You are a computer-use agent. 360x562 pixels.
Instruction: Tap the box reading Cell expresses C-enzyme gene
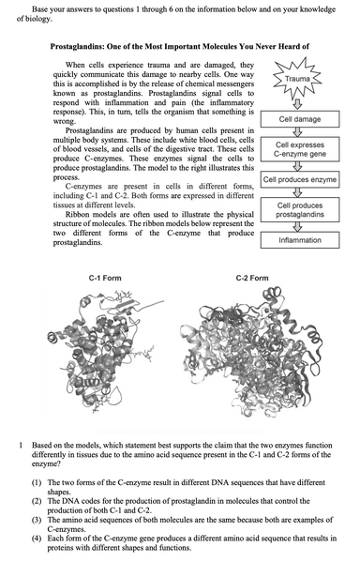(301, 150)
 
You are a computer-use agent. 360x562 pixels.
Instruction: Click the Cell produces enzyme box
(301, 179)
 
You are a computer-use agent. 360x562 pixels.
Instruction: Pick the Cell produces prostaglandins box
(301, 210)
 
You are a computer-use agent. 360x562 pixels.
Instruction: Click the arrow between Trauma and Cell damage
(301, 103)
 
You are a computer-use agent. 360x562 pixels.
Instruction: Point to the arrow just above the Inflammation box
(301, 226)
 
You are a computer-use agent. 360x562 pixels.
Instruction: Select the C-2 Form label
(252, 279)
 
